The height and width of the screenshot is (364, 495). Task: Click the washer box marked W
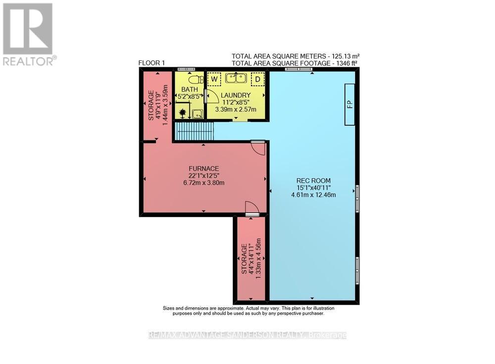pos(214,78)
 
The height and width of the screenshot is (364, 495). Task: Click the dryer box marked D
pos(257,79)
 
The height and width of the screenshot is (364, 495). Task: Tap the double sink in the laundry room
pos(236,78)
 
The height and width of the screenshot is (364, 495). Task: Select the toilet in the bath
pos(195,79)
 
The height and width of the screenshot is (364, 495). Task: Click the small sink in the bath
pos(197,114)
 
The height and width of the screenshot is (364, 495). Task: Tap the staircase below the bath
pos(194,131)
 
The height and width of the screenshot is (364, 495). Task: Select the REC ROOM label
pos(314,180)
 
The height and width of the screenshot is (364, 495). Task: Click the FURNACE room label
pos(205,167)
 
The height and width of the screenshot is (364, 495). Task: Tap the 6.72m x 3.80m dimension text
pos(204,182)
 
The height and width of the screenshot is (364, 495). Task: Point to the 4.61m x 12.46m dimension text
pos(314,195)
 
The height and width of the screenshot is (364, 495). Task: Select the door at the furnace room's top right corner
pos(258,147)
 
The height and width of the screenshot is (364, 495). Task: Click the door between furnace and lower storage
pos(251,208)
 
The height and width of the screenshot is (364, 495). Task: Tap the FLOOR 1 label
pos(151,63)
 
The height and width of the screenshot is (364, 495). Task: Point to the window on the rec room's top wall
pos(298,69)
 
